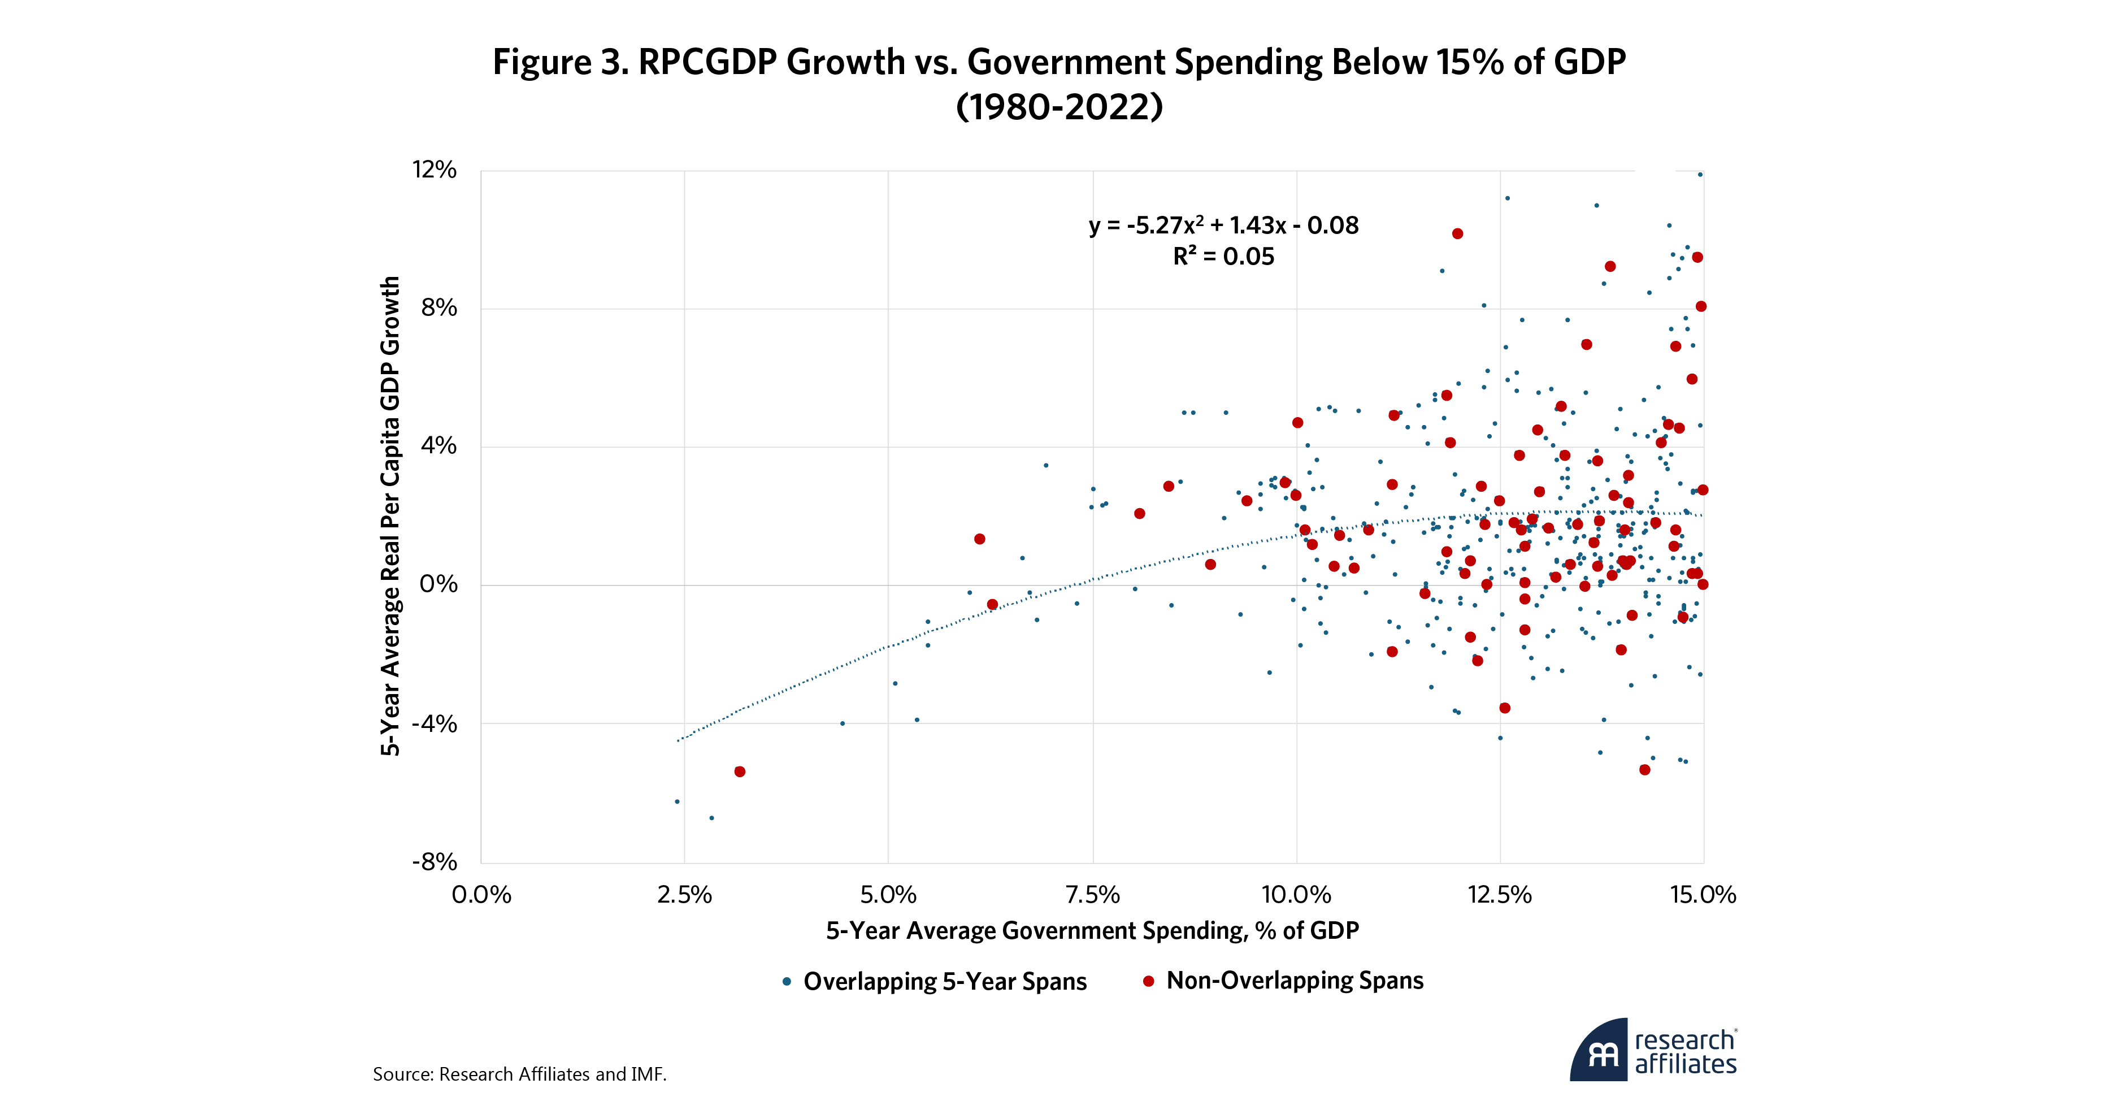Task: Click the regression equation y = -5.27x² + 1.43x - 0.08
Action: tap(1223, 226)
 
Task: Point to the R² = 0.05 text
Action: tap(1223, 257)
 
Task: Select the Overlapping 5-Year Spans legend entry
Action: tap(944, 982)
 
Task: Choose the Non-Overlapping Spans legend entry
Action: tap(1294, 981)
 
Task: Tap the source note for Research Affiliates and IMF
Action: tap(519, 1074)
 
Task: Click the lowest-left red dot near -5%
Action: tap(740, 771)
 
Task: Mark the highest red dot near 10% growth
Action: tap(1457, 233)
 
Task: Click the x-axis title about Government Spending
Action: tap(1092, 930)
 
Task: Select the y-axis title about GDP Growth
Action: tap(390, 516)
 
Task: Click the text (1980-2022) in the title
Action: tap(1059, 107)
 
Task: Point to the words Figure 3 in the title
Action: tap(559, 63)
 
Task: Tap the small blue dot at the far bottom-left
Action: tap(677, 801)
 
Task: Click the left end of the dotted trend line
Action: tap(679, 740)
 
